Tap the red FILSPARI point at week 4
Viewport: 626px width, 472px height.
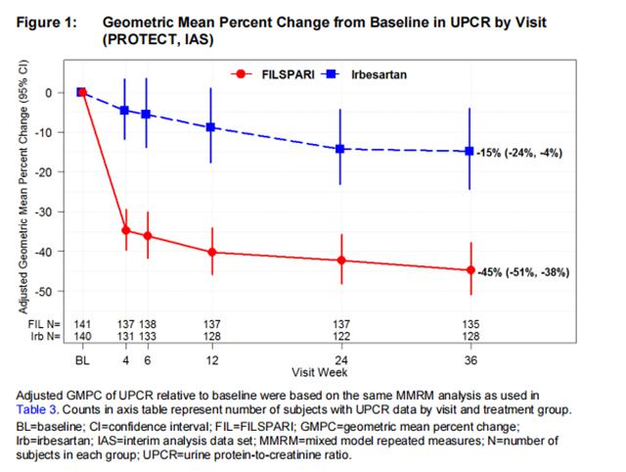[125, 230]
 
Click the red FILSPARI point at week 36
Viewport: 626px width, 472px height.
[470, 270]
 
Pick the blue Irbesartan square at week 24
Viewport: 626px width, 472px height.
[340, 149]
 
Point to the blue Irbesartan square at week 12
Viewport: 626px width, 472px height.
[211, 127]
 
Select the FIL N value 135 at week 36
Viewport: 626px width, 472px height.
[470, 323]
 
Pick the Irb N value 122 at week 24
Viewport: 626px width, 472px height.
[340, 336]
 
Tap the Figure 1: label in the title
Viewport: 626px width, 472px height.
[43, 21]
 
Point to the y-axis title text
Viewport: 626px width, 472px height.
[22, 187]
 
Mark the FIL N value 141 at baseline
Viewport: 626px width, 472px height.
[82, 323]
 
